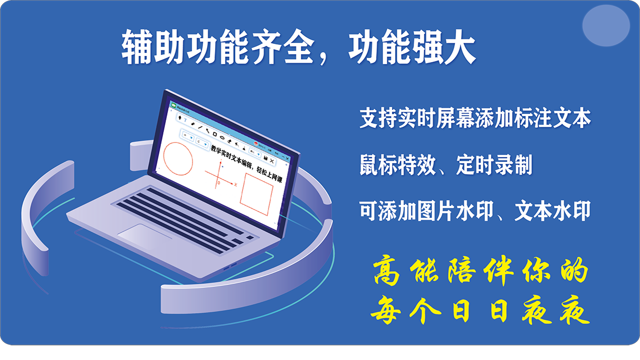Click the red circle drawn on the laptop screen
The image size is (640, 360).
pos(177,158)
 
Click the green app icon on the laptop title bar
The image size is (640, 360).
pos(173,105)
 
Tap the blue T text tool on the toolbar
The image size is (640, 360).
pos(185,120)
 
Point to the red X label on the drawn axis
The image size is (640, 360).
pos(235,184)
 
